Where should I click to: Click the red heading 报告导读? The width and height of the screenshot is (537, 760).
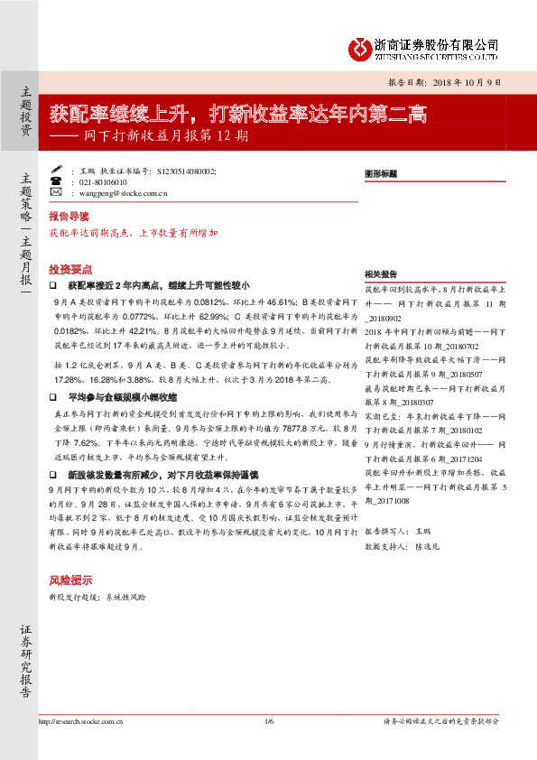69,218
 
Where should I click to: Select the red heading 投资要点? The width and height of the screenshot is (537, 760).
69,269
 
